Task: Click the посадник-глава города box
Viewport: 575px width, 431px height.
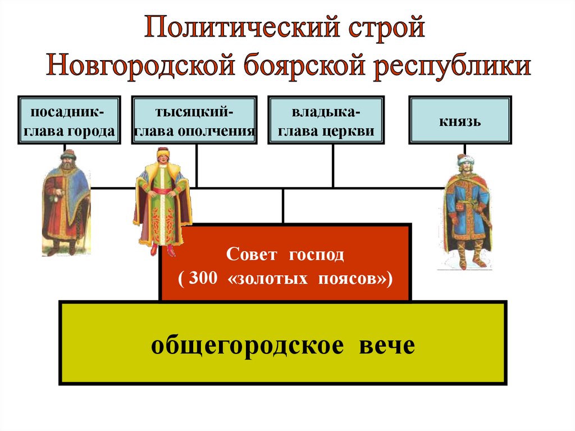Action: [69, 120]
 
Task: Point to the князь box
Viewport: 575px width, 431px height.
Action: [460, 120]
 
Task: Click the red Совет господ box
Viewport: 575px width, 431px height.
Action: [285, 262]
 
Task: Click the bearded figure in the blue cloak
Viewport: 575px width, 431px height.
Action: [65, 199]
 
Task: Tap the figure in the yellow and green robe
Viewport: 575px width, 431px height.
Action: [163, 197]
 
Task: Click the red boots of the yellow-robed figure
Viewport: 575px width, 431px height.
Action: [162, 249]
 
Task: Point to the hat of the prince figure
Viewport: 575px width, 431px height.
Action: [466, 160]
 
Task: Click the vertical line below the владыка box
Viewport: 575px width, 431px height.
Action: [332, 166]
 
